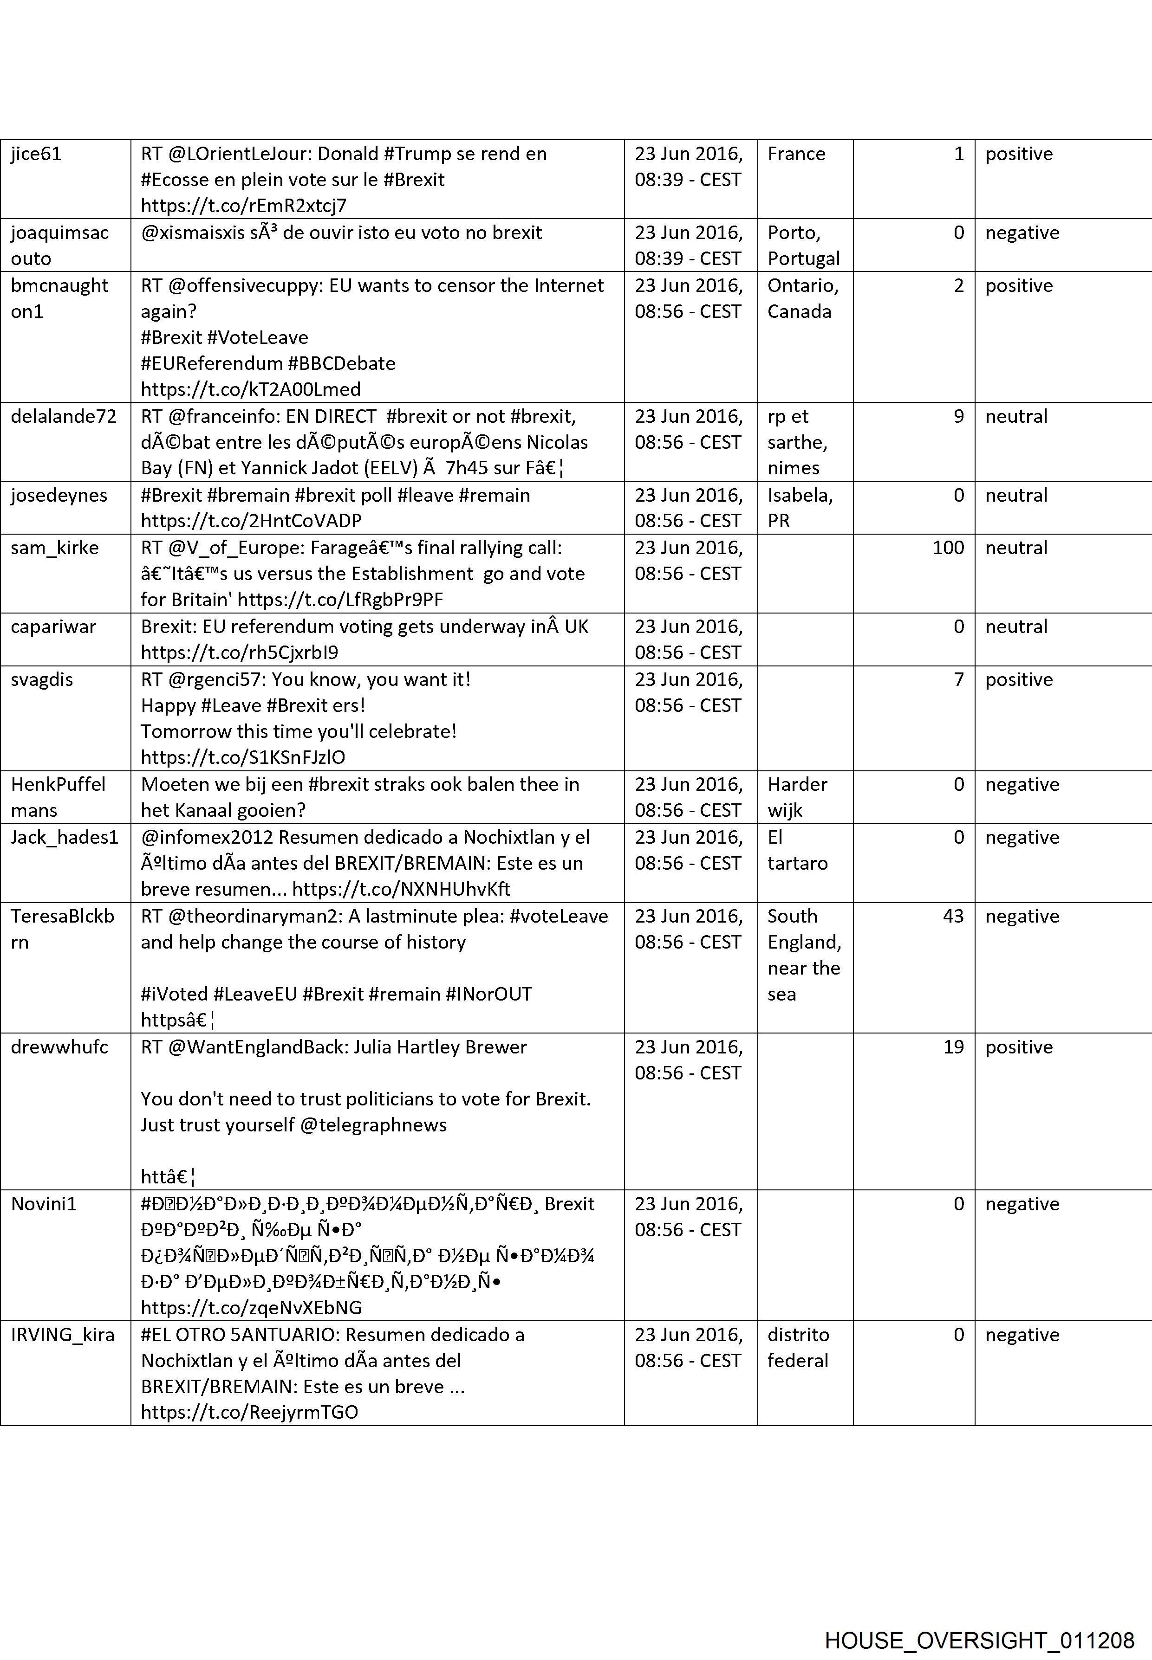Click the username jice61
pyautogui.click(x=36, y=154)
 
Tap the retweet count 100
pyautogui.click(x=948, y=548)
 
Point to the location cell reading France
pyautogui.click(x=796, y=154)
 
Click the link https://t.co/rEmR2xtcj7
pyautogui.click(x=243, y=206)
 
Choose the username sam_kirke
pyautogui.click(x=55, y=548)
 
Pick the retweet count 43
pyautogui.click(x=953, y=916)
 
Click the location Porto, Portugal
pyautogui.click(x=803, y=245)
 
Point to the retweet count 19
pyautogui.click(x=953, y=1047)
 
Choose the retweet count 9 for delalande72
pyautogui.click(x=958, y=416)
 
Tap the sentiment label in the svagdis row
pyautogui.click(x=1018, y=679)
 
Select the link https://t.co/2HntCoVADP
pyautogui.click(x=251, y=521)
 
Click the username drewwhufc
pyautogui.click(x=59, y=1047)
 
